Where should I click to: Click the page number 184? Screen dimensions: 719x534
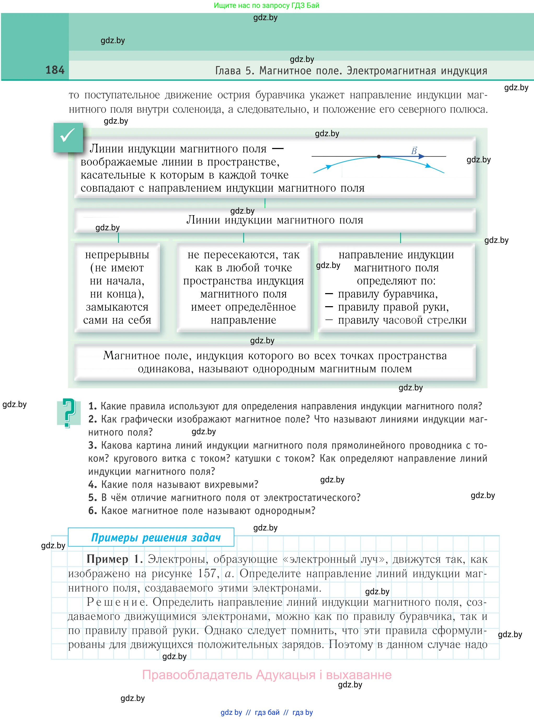pos(55,70)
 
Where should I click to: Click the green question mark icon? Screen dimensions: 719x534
pos(68,413)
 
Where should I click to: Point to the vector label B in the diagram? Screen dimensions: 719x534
pos(414,151)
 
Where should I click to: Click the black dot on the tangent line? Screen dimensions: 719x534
pos(379,156)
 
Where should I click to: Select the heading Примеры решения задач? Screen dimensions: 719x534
pos(156,537)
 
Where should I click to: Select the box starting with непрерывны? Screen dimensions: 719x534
pos(117,287)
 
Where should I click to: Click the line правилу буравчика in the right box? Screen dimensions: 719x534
pos(388,294)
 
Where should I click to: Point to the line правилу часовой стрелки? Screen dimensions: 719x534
pos(402,320)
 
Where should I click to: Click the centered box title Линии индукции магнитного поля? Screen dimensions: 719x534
pos(275,220)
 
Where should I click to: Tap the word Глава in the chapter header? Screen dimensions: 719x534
pos(228,71)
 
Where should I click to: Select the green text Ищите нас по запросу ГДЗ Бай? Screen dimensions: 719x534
pos(266,5)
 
